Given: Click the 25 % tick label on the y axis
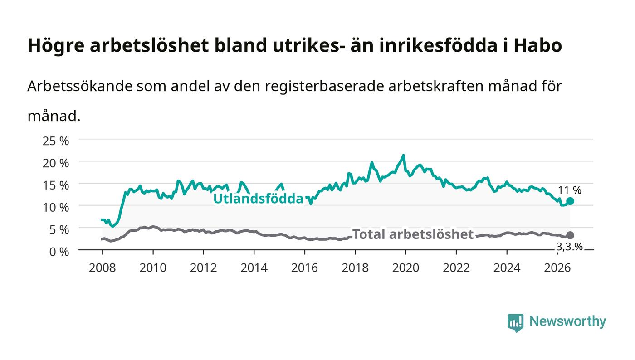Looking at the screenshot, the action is pyautogui.click(x=55, y=141).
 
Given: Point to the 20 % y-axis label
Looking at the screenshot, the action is pyautogui.click(x=55, y=163).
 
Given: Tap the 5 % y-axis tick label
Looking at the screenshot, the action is pyautogui.click(x=59, y=229).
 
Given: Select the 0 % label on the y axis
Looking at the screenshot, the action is pyautogui.click(x=59, y=252).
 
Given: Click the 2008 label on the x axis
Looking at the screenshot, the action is pyautogui.click(x=103, y=268).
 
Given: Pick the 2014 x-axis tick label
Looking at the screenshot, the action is pyautogui.click(x=254, y=268).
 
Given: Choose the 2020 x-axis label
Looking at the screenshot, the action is pyautogui.click(x=405, y=268).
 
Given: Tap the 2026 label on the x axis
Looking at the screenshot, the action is pyautogui.click(x=557, y=268).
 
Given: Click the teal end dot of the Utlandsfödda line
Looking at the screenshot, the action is pyautogui.click(x=570, y=201).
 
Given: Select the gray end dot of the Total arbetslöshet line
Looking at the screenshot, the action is pyautogui.click(x=570, y=235).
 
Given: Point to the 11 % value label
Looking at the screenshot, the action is pyautogui.click(x=570, y=190).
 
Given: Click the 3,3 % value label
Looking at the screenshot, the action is pyautogui.click(x=569, y=247).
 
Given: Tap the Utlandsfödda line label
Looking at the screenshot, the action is pyautogui.click(x=258, y=199).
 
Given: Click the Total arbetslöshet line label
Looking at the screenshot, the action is pyautogui.click(x=413, y=234).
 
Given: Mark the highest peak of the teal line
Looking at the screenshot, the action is pyautogui.click(x=403, y=156).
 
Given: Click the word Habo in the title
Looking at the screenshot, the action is pyautogui.click(x=538, y=45).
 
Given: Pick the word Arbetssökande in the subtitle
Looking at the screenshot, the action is pyautogui.click(x=80, y=86).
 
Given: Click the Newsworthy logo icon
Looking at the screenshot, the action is pyautogui.click(x=515, y=323).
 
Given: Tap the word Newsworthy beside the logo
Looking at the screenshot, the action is pyautogui.click(x=567, y=321).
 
